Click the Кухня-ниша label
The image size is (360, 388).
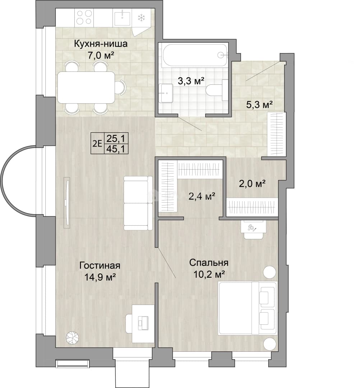pyautogui.click(x=101, y=44)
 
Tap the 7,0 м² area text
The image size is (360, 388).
pyautogui.click(x=101, y=55)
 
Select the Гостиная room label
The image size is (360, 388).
pyautogui.click(x=100, y=266)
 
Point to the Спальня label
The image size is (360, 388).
pyautogui.click(x=209, y=263)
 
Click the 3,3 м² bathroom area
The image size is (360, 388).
pyautogui.click(x=191, y=81)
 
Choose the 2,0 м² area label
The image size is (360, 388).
pyautogui.click(x=253, y=183)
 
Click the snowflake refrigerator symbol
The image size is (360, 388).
pyautogui.click(x=141, y=18)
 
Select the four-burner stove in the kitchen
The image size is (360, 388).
pyautogui.click(x=85, y=18)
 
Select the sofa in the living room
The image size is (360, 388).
pyautogui.click(x=138, y=203)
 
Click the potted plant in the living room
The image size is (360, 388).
pyautogui.click(x=73, y=337)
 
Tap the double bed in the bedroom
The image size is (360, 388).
pyautogui.click(x=248, y=308)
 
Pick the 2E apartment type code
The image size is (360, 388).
pyautogui.click(x=97, y=143)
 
